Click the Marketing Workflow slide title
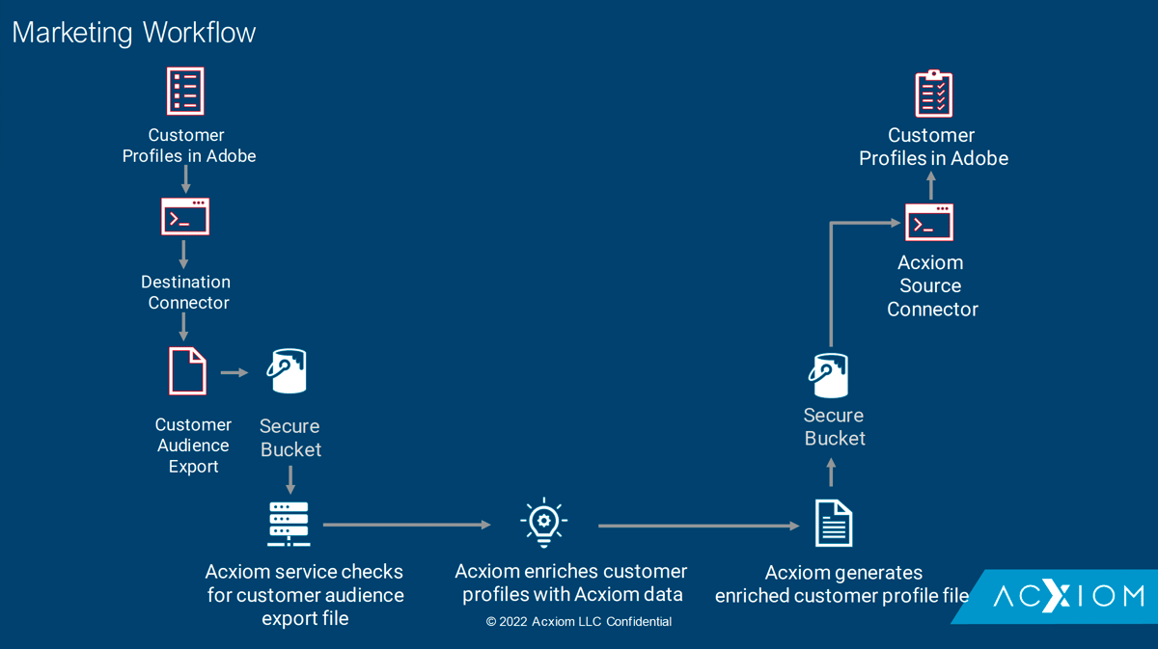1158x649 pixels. pos(134,32)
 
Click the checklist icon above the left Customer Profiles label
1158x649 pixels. pos(185,92)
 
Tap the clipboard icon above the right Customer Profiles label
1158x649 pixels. pos(933,94)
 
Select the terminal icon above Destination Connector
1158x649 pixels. pos(185,217)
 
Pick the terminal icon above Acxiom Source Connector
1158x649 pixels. pos(929,223)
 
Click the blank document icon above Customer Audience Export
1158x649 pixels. pos(188,371)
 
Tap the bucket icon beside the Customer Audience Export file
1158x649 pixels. pos(287,372)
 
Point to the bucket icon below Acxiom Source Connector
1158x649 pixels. pos(829,375)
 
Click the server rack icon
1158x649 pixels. pos(289,524)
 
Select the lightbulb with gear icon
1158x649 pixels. pos(544,524)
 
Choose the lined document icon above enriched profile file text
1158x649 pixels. pos(834,524)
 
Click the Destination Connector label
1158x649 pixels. pos(186,292)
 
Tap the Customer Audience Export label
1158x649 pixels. pos(193,446)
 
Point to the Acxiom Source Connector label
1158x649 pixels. pos(931,285)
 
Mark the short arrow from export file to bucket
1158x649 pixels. pos(234,372)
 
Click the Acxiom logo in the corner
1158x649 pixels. pos(1068,596)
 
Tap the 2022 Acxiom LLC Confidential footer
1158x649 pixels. pos(579,622)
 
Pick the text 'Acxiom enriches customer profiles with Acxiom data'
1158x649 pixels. pos(571,582)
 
